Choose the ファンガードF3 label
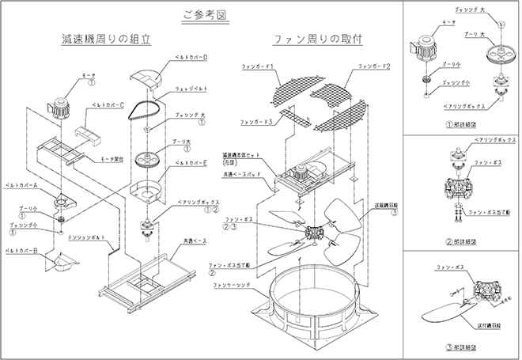pyautogui.click(x=258, y=123)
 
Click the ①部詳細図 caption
pyautogui.click(x=462, y=124)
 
